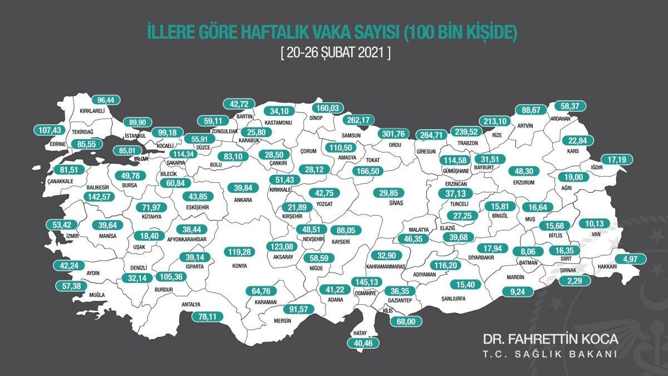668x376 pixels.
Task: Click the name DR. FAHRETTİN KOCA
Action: tap(550, 340)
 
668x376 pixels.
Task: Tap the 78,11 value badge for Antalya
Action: tap(203, 316)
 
